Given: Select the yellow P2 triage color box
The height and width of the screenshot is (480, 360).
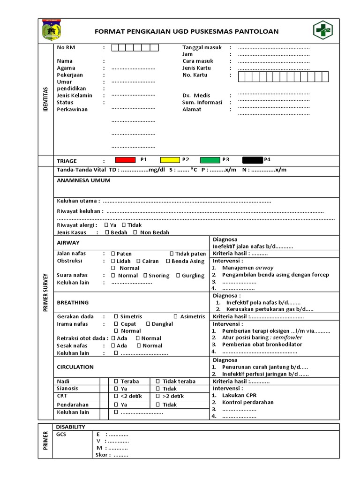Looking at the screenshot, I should [x=170, y=160].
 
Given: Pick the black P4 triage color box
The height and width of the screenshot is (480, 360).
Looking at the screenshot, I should [x=253, y=160].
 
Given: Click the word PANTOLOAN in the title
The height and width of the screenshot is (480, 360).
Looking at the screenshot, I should [x=257, y=31].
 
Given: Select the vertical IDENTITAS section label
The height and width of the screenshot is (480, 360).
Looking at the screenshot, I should [x=45, y=98].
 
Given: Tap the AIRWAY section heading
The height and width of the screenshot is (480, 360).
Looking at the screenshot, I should [x=68, y=243].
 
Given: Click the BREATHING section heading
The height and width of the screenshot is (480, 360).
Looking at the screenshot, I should [x=73, y=303].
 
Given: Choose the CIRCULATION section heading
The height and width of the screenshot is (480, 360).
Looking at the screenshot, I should [x=75, y=367].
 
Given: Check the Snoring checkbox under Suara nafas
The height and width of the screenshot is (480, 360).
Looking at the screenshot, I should [x=145, y=276].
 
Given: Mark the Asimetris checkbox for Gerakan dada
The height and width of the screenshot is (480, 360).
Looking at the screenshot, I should [x=176, y=317].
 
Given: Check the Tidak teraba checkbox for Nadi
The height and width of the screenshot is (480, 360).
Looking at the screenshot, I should [x=158, y=382].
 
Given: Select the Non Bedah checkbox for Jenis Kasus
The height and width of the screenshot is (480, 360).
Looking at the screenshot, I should [x=135, y=232].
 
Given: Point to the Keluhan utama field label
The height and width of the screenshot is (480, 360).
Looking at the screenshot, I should [x=78, y=201].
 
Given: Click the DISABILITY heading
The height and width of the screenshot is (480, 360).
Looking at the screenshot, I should [x=70, y=427].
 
